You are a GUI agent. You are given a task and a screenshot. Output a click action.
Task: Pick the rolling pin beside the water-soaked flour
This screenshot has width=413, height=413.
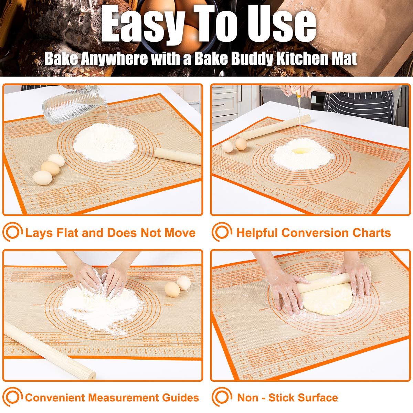coord(178,156)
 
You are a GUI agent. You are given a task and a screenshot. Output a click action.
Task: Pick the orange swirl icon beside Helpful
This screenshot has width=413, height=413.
coord(222,232)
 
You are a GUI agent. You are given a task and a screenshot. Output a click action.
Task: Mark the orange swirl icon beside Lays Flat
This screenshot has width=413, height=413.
coord(12,232)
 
